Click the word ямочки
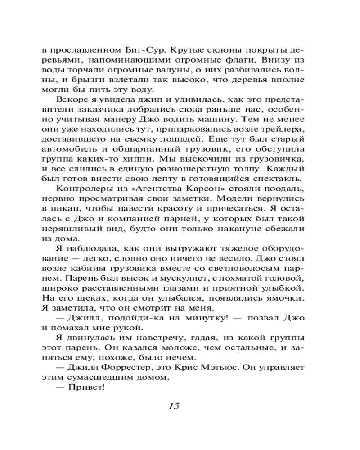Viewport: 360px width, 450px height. click(x=284, y=297)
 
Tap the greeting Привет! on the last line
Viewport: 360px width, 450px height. click(x=90, y=389)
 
